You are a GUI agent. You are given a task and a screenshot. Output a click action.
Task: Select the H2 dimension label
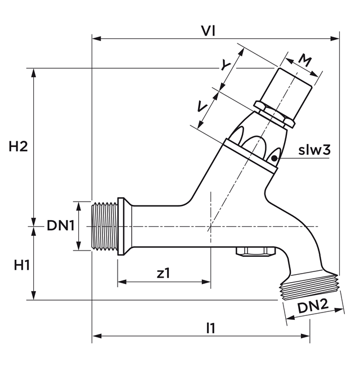coord(19,146)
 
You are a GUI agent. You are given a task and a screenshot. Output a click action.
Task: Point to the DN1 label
coord(60,226)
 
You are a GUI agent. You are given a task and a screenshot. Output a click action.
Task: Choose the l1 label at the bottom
coord(210,328)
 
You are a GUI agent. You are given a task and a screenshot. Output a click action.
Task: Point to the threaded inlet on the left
coord(104,226)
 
